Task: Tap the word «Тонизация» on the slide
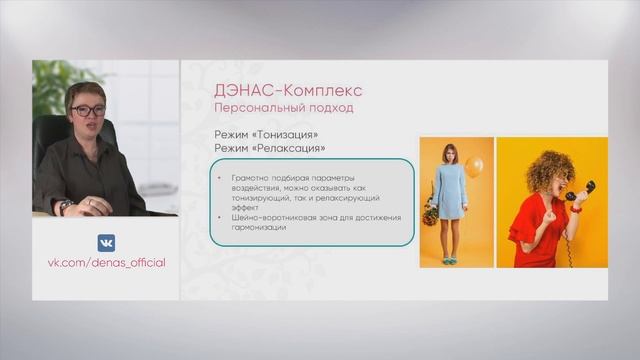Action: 290,133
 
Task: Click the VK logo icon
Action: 106,242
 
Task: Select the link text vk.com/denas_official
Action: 106,262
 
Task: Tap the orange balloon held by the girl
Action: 473,166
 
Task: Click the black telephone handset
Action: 579,190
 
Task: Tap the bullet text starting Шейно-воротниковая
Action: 305,217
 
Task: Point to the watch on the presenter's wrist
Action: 67,206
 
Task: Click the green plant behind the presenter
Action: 50,85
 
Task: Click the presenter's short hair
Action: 84,89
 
